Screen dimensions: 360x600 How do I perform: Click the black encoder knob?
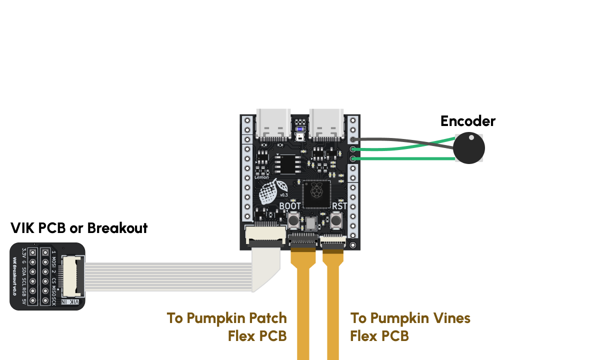[x=468, y=148]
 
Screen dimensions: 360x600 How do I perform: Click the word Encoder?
[x=467, y=121]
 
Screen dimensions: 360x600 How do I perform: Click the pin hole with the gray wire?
[x=353, y=139]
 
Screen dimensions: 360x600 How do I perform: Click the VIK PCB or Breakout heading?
[x=79, y=228]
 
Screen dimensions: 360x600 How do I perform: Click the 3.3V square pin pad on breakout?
[x=32, y=252]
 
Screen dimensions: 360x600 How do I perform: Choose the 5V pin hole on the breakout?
[x=32, y=300]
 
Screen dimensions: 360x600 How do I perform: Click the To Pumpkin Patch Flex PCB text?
[x=227, y=326]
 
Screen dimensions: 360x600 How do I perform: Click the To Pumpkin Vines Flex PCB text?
[x=410, y=326]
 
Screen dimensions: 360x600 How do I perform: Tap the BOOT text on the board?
[x=290, y=205]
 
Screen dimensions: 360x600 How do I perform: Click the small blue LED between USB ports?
[x=300, y=127]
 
